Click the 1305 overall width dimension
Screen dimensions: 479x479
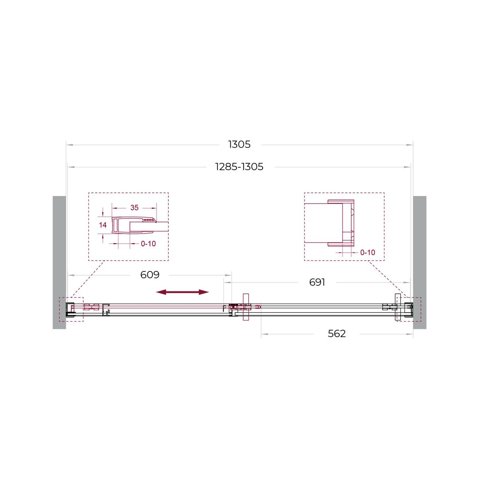click(239, 144)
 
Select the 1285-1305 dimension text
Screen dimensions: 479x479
click(239, 167)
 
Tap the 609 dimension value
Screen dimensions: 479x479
click(150, 275)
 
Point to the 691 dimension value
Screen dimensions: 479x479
click(317, 282)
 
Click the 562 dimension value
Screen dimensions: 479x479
click(336, 334)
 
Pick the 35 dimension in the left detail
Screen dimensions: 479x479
click(134, 208)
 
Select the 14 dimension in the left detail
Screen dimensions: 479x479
click(103, 225)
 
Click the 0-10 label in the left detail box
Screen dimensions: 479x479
click(148, 243)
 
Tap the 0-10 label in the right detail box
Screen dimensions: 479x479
click(368, 253)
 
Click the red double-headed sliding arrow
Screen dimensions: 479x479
click(182, 292)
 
